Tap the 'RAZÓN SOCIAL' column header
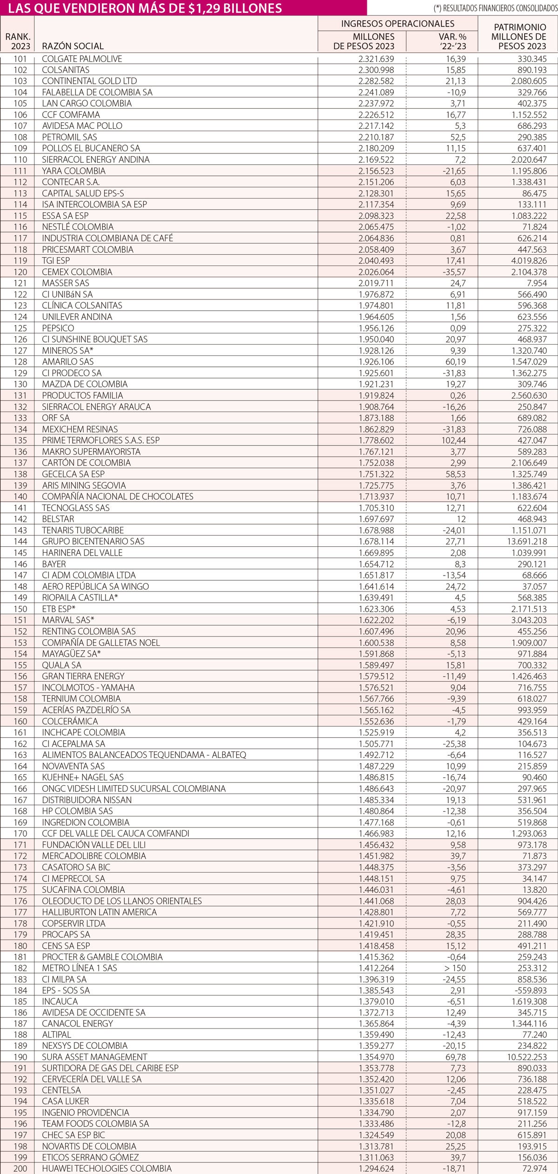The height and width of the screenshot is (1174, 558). (x=73, y=46)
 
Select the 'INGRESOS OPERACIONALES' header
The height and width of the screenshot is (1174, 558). (x=398, y=24)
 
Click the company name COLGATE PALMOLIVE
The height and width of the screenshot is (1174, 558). (x=82, y=59)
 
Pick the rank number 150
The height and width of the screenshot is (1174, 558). (x=21, y=609)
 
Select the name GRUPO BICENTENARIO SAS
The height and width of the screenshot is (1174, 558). (x=93, y=541)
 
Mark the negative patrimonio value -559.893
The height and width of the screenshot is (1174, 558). (x=528, y=990)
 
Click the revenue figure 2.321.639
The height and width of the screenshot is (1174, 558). (x=376, y=59)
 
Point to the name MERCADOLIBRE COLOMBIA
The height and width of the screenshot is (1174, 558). (x=94, y=856)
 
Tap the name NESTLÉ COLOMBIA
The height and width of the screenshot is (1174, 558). (x=78, y=227)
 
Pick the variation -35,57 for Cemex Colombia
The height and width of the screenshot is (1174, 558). (x=452, y=272)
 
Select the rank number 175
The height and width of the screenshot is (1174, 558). (x=21, y=889)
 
